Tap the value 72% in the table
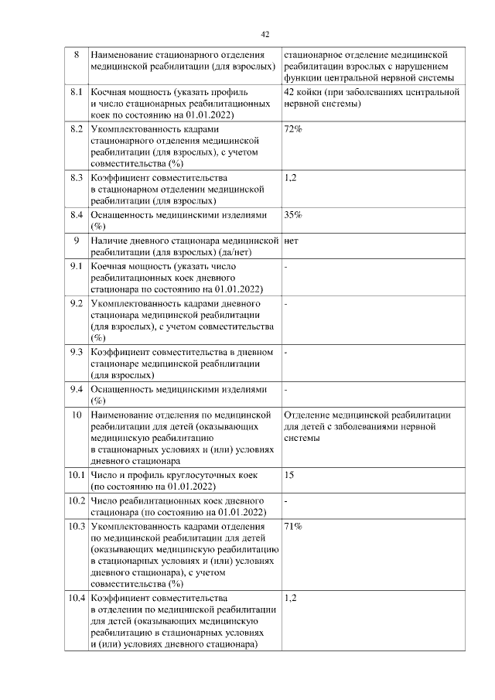click(x=293, y=128)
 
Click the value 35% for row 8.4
click(x=293, y=214)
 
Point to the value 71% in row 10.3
click(x=293, y=527)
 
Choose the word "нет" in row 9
click(x=292, y=241)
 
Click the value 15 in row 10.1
click(x=289, y=474)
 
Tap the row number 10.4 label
click(x=76, y=598)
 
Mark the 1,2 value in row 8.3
click(x=291, y=177)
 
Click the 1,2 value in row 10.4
click(x=291, y=598)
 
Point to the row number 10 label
click(x=77, y=415)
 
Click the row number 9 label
click(x=77, y=241)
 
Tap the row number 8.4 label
click(x=77, y=214)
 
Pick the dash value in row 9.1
click(x=286, y=267)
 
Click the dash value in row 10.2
click(x=286, y=500)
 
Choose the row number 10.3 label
click(x=76, y=527)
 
